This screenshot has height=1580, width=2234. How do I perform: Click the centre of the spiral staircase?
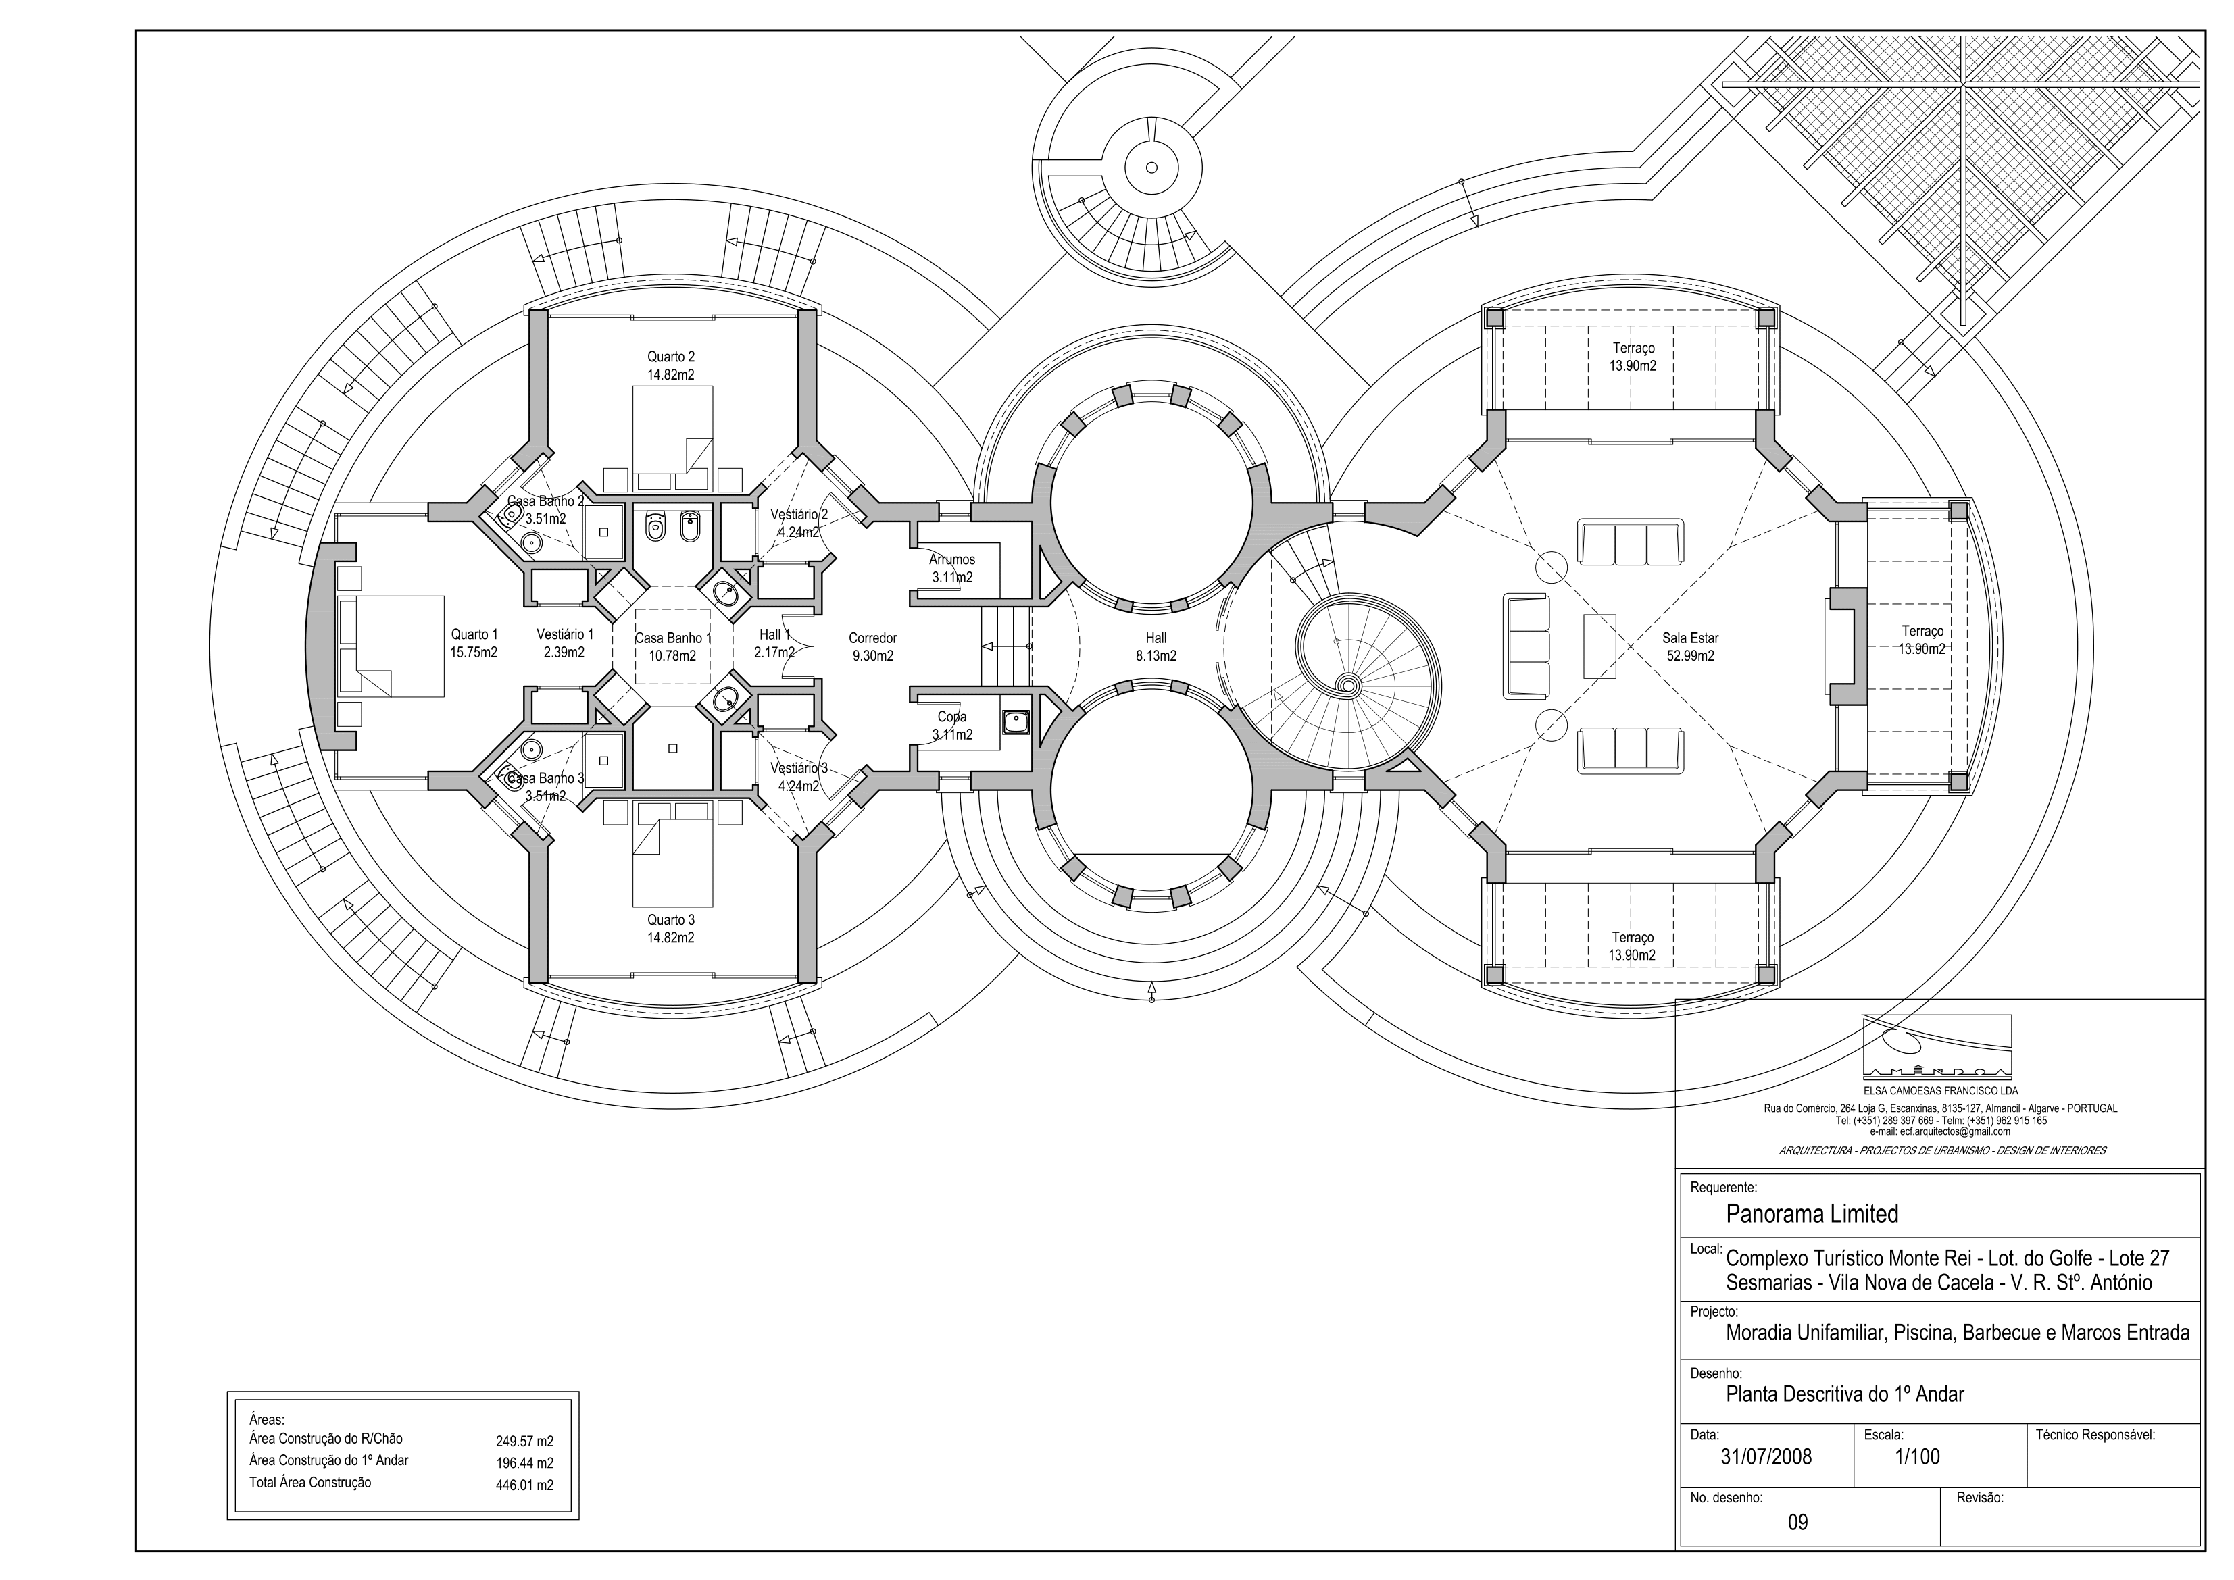pyautogui.click(x=1349, y=685)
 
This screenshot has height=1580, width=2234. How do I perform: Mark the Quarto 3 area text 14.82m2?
pyautogui.click(x=670, y=938)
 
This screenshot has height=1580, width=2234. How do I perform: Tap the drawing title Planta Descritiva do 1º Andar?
pyautogui.click(x=1845, y=1394)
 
